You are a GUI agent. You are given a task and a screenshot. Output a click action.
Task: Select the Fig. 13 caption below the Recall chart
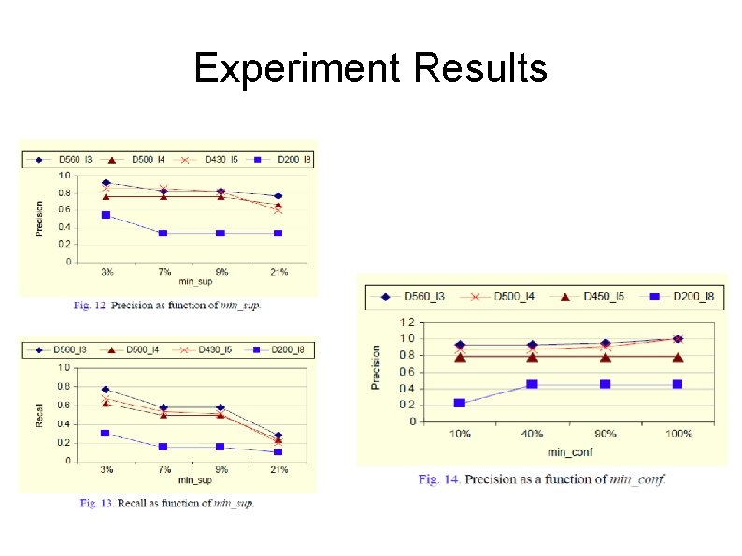click(x=166, y=503)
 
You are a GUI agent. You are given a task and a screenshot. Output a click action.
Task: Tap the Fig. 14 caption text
click(x=542, y=479)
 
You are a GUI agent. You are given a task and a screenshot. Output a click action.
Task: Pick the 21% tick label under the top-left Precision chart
click(x=278, y=272)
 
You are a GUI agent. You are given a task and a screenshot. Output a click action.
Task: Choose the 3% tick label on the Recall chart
click(x=107, y=469)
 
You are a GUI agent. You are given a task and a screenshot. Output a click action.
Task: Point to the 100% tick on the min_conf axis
click(x=678, y=434)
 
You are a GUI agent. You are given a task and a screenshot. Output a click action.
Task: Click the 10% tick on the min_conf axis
click(x=459, y=434)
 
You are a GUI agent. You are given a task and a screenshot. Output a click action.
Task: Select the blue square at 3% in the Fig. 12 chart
click(x=107, y=215)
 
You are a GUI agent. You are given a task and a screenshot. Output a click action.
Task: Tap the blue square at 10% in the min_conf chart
click(x=459, y=404)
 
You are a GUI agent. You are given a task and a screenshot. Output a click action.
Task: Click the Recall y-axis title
click(x=39, y=414)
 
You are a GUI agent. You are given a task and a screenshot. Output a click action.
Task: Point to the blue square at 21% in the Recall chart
click(x=278, y=452)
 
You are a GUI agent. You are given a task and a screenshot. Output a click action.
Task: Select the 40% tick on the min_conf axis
click(x=532, y=434)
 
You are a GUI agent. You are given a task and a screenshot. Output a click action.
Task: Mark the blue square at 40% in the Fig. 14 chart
click(x=532, y=384)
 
